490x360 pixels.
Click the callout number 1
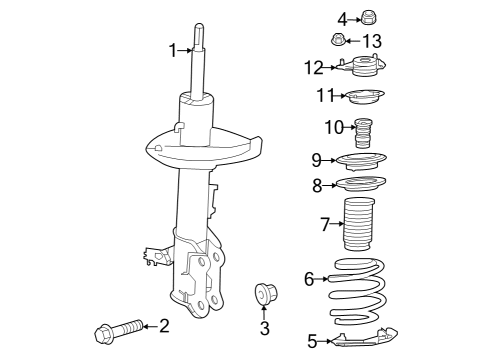[173, 49]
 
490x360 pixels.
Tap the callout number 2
[164, 326]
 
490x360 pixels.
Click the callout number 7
[325, 225]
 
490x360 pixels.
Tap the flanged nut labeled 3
[265, 294]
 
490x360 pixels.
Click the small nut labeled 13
[338, 41]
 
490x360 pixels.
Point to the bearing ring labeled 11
[366, 97]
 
